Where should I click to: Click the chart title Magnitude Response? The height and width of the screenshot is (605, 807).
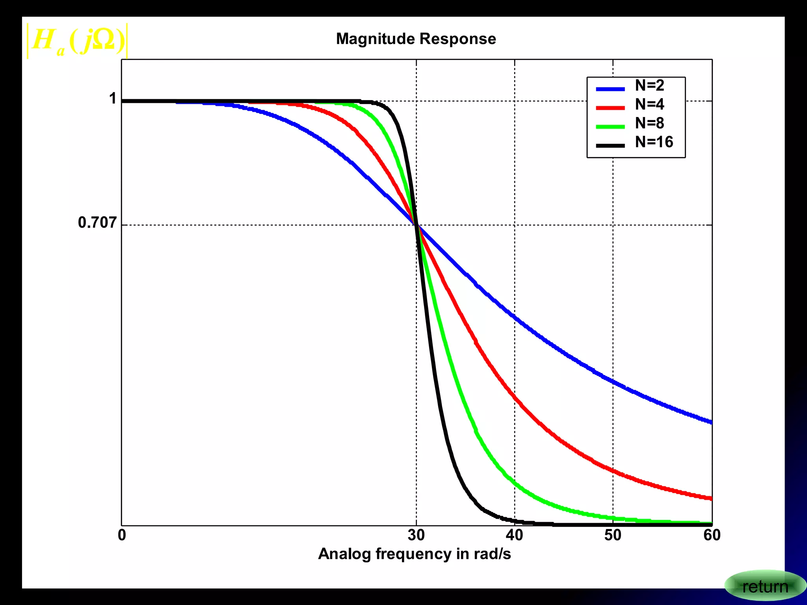[416, 39]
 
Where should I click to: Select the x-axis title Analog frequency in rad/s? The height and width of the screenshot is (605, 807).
[414, 554]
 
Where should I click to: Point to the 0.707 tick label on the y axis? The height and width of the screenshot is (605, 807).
[97, 223]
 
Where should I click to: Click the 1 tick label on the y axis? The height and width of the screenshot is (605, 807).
[113, 98]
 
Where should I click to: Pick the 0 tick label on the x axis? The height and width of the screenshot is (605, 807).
[122, 535]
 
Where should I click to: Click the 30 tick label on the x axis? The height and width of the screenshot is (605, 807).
[416, 535]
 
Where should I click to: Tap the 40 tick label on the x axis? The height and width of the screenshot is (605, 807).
[514, 535]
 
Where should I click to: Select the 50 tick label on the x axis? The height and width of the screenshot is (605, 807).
[613, 535]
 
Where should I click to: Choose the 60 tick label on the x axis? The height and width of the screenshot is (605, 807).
[712, 535]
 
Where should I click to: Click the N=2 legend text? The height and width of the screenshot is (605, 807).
[649, 85]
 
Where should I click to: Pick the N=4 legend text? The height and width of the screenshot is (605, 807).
[649, 104]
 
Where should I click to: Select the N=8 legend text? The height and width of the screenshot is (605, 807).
[649, 123]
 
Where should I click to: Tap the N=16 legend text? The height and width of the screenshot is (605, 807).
[654, 142]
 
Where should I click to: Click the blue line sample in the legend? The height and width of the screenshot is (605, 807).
[610, 89]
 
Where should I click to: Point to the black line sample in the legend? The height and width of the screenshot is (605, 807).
[610, 146]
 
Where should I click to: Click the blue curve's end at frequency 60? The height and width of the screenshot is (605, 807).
[710, 422]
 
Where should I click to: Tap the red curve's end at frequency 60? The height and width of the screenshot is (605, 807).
[710, 498]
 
